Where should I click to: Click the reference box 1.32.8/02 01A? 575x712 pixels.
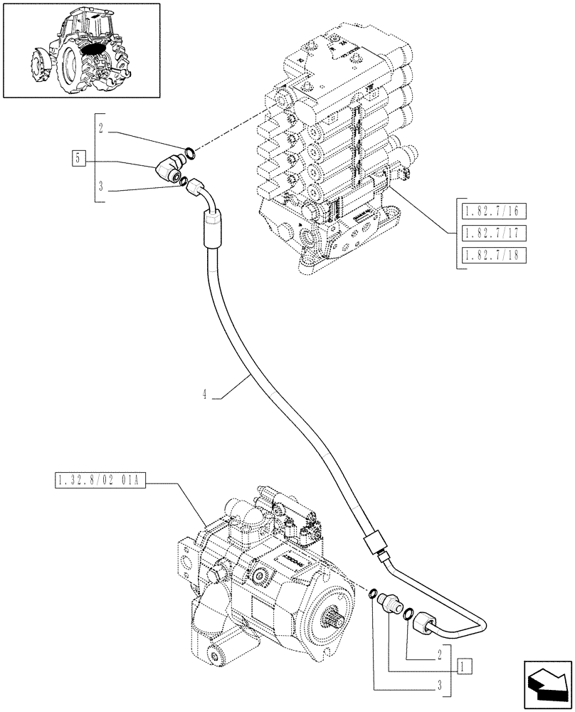pos(100,483)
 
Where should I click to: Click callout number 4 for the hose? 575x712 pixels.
pos(204,394)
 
